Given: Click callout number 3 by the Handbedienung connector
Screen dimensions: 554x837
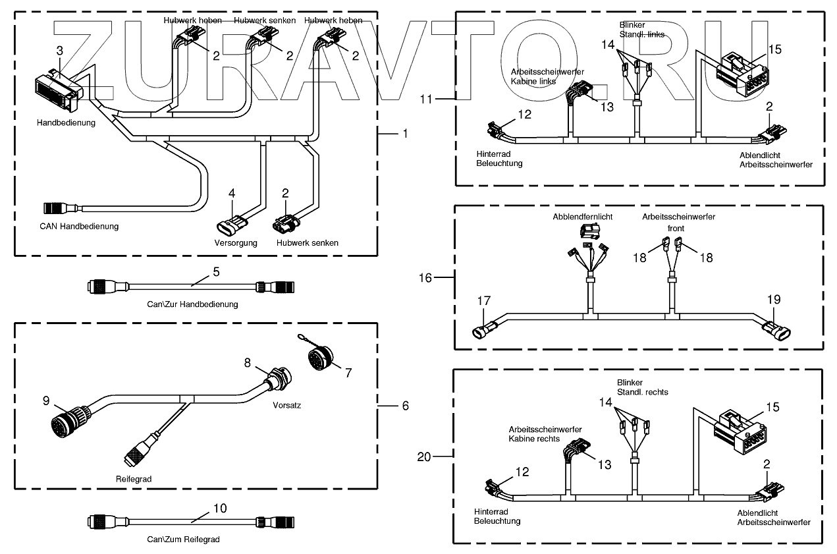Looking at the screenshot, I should [60, 51].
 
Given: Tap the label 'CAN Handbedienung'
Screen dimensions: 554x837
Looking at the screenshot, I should [79, 227].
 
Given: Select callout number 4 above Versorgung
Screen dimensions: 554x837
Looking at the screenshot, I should [231, 193].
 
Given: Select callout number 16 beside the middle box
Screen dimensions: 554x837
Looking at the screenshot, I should [425, 278].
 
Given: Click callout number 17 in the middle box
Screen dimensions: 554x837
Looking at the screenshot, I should [484, 300].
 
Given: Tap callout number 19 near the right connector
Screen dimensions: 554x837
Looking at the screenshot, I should [773, 300].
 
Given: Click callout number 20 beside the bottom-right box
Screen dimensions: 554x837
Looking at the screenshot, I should [425, 456].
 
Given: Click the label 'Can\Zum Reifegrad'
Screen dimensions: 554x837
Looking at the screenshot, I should [182, 540].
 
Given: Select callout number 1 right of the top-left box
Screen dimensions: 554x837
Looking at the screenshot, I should [405, 133].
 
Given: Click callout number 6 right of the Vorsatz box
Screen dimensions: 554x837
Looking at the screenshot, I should [405, 406].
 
